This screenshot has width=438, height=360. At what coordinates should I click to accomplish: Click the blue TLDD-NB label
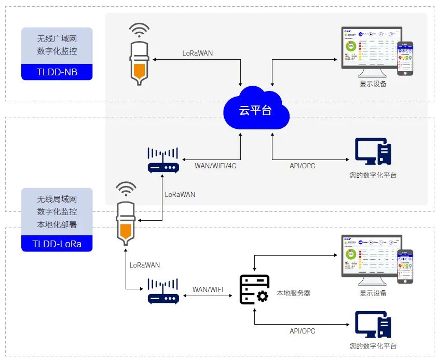click(x=57, y=72)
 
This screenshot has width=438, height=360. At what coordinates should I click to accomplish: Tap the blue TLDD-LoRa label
click(x=57, y=244)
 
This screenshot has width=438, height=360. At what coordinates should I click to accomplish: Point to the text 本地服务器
click(x=294, y=293)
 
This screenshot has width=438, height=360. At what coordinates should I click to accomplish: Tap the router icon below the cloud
click(x=162, y=161)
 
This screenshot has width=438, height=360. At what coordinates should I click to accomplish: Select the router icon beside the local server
click(x=162, y=292)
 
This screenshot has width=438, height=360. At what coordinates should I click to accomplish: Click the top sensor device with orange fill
click(x=138, y=62)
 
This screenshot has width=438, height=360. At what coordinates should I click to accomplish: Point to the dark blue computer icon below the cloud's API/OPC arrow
click(x=373, y=152)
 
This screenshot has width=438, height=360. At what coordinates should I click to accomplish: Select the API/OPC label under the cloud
click(x=302, y=166)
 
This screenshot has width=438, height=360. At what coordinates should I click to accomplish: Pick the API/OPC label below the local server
click(x=302, y=331)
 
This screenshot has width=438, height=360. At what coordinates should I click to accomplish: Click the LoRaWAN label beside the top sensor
click(x=198, y=53)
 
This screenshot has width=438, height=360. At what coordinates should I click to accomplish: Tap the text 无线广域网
click(x=57, y=39)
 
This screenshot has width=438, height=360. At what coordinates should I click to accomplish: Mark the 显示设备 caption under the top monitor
click(x=373, y=83)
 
